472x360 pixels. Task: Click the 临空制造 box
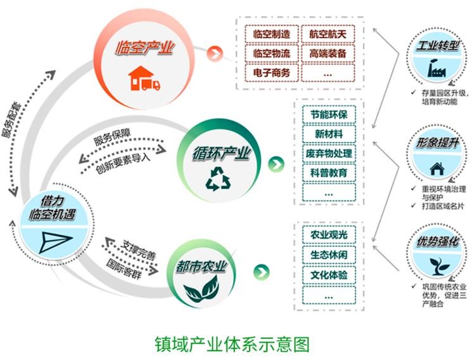271,34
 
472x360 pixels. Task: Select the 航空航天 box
328,34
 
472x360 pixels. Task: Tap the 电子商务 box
271,73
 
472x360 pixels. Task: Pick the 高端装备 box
328,53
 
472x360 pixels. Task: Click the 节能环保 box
328,115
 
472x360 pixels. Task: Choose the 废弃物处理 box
328,153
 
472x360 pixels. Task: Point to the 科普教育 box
328,172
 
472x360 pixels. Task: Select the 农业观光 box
328,236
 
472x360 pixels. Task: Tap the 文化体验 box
328,274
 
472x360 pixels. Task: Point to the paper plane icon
52,239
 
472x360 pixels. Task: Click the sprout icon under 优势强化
435,263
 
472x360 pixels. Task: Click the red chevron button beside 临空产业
217,53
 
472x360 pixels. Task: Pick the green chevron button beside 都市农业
259,272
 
